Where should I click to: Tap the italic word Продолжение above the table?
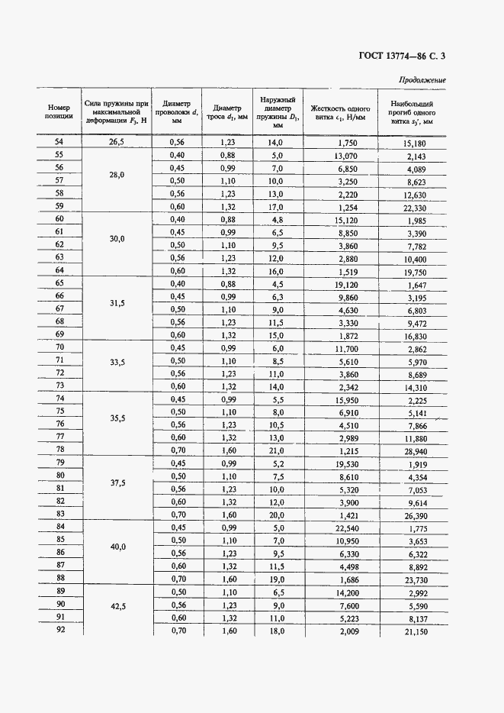pyautogui.click(x=422, y=80)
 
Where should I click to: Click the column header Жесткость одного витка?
pyautogui.click(x=340, y=112)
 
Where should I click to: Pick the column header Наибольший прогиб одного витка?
pyautogui.click(x=412, y=111)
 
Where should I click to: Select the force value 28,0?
pyautogui.click(x=117, y=175)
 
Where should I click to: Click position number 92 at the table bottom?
pyautogui.click(x=59, y=631)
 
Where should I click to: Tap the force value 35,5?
pyautogui.click(x=117, y=419)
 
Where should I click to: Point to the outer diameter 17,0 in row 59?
pyautogui.click(x=276, y=208)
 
